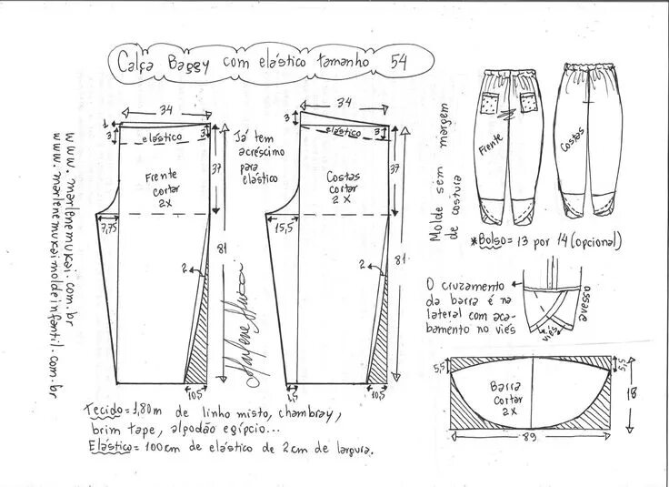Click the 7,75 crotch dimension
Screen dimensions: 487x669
coord(109,227)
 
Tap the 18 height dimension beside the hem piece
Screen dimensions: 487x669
coord(631,392)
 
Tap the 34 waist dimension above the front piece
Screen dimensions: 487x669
coord(166,110)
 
